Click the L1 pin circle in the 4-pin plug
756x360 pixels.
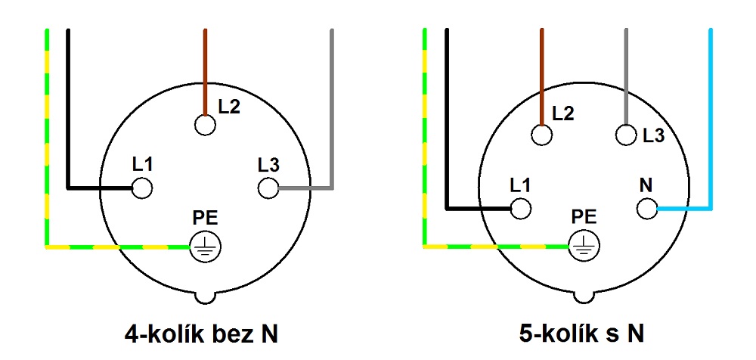pos(142,188)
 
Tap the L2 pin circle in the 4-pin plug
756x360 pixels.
pos(205,126)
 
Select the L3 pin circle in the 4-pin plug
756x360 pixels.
pos(268,188)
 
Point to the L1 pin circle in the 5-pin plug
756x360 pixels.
pos(521,209)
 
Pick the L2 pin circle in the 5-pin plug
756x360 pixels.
pos(542,135)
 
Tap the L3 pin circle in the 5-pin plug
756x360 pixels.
pos(626,135)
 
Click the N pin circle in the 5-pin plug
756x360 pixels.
pos(646,209)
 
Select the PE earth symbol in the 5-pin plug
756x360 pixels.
pos(584,247)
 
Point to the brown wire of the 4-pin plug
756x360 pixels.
pos(205,73)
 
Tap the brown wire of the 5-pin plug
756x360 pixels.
pos(542,77)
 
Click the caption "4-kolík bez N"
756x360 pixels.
pos(202,334)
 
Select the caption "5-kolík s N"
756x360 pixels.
pos(582,334)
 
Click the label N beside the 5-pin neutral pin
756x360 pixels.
pos(646,186)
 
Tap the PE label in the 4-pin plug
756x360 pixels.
pos(205,219)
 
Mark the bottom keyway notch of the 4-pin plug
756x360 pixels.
pos(205,298)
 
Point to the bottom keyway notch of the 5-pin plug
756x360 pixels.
pos(584,298)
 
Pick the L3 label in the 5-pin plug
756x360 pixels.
pos(653,135)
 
